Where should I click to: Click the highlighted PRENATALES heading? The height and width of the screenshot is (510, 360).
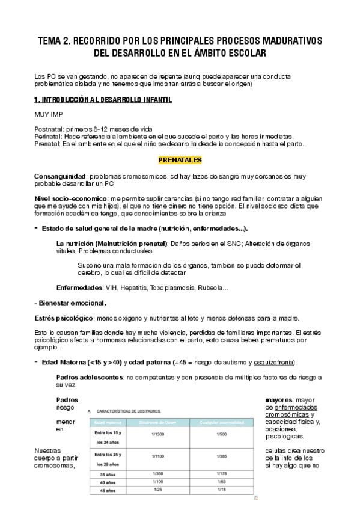[180, 161]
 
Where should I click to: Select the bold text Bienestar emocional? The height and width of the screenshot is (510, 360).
[72, 303]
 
